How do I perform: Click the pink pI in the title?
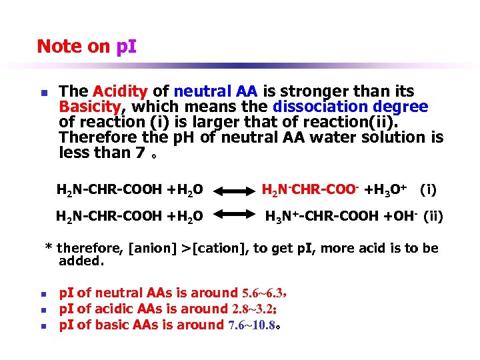(125, 47)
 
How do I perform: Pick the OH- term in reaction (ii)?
(406, 215)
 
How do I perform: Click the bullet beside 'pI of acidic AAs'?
(41, 310)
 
